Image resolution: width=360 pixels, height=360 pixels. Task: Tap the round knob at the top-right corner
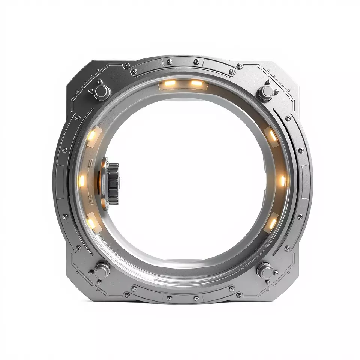(x=265, y=91)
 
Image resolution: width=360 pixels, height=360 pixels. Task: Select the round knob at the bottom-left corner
(x=101, y=270)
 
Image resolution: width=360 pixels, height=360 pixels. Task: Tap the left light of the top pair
(x=170, y=83)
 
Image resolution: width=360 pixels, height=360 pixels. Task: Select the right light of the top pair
(x=196, y=83)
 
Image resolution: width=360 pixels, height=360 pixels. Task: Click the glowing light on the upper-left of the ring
(x=91, y=135)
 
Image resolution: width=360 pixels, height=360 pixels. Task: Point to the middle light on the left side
(x=82, y=181)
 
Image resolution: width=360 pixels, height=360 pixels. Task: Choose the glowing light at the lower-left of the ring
(x=91, y=223)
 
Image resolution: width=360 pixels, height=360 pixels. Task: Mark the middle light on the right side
(x=282, y=181)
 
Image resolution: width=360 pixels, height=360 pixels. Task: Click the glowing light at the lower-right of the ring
(x=272, y=224)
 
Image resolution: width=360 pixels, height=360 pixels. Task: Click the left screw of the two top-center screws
(x=169, y=61)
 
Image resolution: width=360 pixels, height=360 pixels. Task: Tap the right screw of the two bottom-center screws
(x=196, y=298)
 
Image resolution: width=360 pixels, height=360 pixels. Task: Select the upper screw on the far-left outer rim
(x=64, y=150)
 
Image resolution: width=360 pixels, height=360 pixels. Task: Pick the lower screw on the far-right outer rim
(x=300, y=217)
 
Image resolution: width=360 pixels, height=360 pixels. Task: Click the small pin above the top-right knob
(x=269, y=81)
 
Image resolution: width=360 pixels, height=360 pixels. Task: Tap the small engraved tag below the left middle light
(x=90, y=199)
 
